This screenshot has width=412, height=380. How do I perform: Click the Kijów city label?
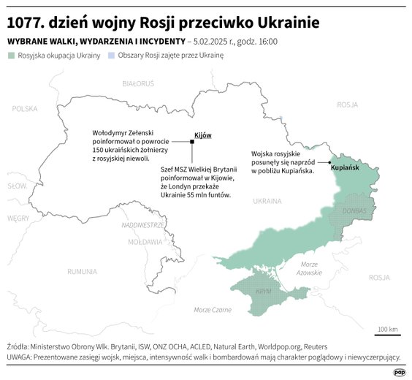point(202,135)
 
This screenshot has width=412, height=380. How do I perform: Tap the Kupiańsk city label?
point(345,168)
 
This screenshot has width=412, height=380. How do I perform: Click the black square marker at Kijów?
point(192,144)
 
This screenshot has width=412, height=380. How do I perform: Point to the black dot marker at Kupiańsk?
point(330,162)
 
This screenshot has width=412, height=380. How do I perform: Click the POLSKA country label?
point(23,108)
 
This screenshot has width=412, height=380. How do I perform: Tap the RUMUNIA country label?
point(82,271)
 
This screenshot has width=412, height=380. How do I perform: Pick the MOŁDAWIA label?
point(145,241)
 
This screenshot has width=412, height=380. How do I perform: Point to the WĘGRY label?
point(18,218)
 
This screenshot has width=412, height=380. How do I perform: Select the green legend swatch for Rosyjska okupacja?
point(11,56)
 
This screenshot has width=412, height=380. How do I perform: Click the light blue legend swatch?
point(110,56)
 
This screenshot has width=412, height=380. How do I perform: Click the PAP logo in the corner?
point(399,370)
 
